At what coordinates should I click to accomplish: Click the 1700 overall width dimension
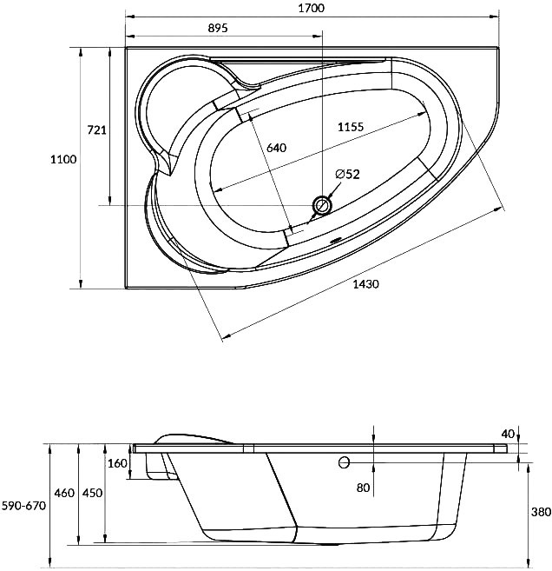pos(312,8)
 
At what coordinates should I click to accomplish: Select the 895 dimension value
pos(218,28)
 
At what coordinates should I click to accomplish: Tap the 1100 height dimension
pos(63,159)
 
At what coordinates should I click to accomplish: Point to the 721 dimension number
pos(96,130)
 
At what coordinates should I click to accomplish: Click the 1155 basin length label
pos(351,127)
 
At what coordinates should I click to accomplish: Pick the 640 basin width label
pos(276,148)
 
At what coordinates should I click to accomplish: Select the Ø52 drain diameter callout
pos(347,175)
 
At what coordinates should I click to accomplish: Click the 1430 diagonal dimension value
pos(365,283)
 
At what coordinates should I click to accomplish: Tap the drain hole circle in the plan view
pos(322,205)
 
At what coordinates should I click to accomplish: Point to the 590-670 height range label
pos(24,506)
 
